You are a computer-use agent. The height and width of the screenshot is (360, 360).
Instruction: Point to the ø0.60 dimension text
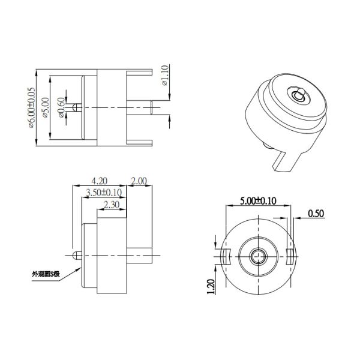click(60, 108)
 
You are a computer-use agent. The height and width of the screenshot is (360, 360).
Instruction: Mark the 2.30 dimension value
click(111, 205)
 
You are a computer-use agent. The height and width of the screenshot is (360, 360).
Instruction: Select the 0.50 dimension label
click(316, 213)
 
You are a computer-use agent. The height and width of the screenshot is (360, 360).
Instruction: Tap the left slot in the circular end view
click(226, 256)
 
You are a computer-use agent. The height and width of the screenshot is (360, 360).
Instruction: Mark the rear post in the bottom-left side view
click(142, 256)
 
